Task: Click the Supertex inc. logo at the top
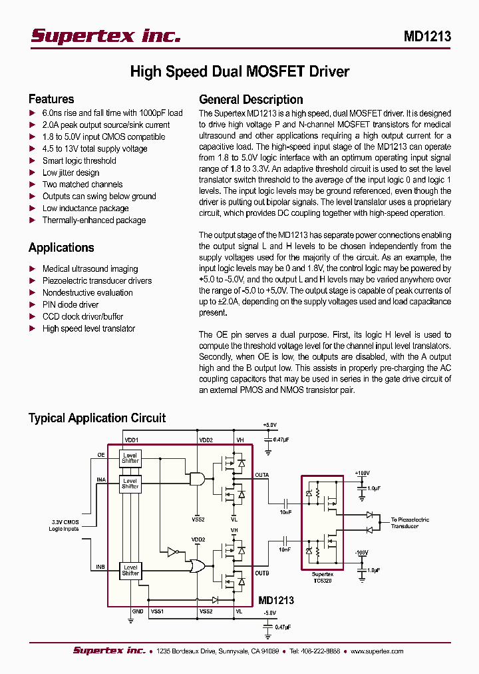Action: point(106,36)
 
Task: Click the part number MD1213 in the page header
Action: point(427,37)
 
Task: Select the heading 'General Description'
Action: point(251,99)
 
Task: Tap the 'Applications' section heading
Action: point(61,248)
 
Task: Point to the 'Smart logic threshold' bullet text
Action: point(79,161)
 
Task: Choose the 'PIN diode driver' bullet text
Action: point(71,304)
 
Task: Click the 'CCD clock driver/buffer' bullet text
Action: point(82,316)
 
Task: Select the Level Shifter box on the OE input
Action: point(130,458)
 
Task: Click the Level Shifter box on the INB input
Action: point(130,570)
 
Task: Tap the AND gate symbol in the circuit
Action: point(198,478)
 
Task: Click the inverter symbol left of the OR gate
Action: point(172,551)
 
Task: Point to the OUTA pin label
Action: point(262,475)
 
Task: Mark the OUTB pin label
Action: point(262,572)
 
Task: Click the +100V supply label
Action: point(362,473)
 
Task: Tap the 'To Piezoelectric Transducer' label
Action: point(410,522)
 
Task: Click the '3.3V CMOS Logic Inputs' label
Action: point(64,525)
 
